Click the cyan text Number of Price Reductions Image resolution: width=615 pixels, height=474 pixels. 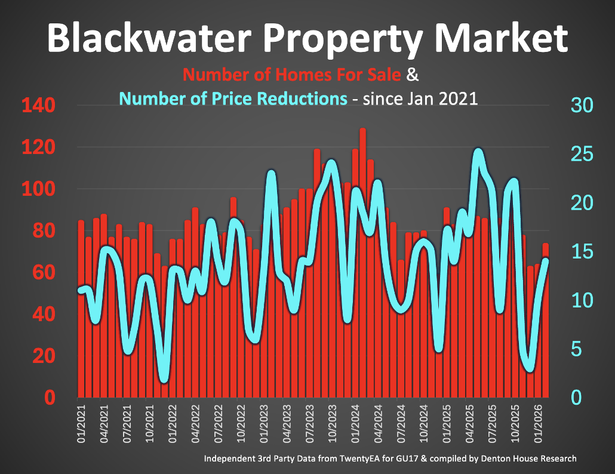[x=233, y=98]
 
